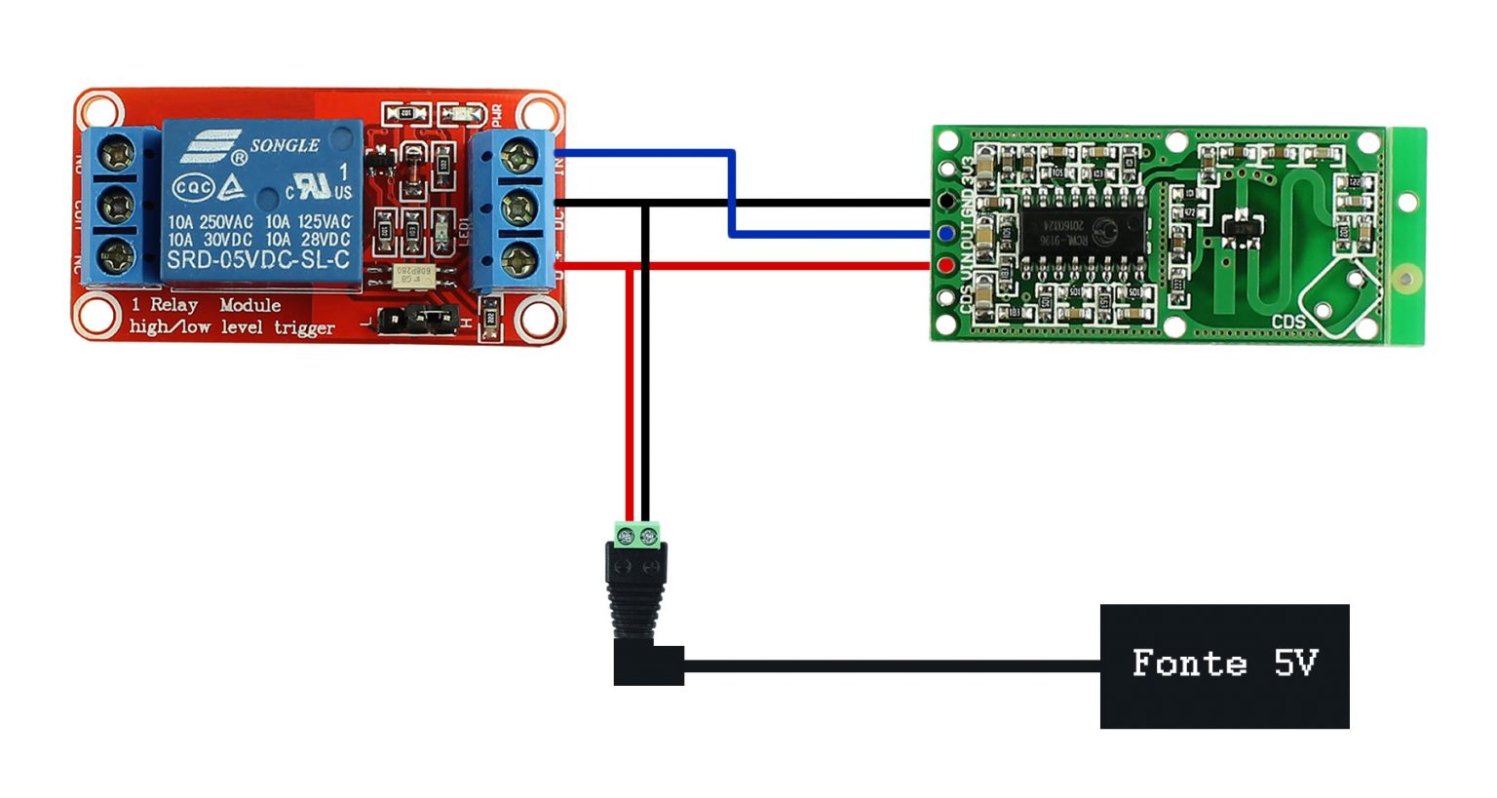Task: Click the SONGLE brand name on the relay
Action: click(x=284, y=145)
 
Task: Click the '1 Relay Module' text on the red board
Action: click(x=207, y=305)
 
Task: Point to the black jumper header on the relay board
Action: click(x=419, y=318)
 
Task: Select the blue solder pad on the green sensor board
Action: click(x=944, y=234)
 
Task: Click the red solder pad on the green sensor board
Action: click(x=944, y=265)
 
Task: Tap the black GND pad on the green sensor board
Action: click(x=944, y=202)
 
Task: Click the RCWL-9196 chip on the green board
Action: click(x=1082, y=232)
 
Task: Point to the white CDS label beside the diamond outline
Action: click(x=1287, y=322)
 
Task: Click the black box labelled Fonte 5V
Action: click(x=1224, y=665)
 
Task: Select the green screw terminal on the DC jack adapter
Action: click(x=636, y=535)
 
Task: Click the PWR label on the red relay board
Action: click(x=496, y=116)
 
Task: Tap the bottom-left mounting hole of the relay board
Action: click(x=96, y=316)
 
